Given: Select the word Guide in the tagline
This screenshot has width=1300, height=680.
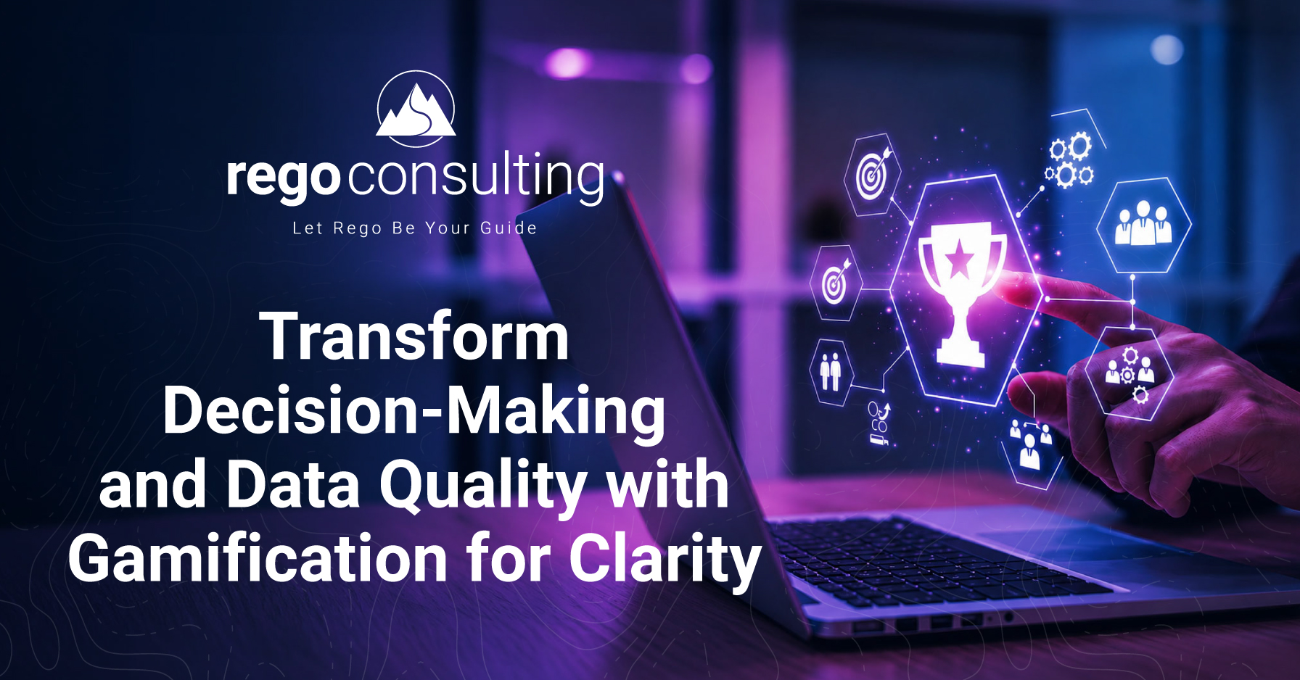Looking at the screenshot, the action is pos(509,228).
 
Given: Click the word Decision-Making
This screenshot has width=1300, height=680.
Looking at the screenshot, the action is pos(414,412).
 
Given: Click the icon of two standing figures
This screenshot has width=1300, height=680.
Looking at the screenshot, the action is pos(830,371).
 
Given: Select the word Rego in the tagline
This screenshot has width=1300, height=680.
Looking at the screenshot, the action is pos(357,228).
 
